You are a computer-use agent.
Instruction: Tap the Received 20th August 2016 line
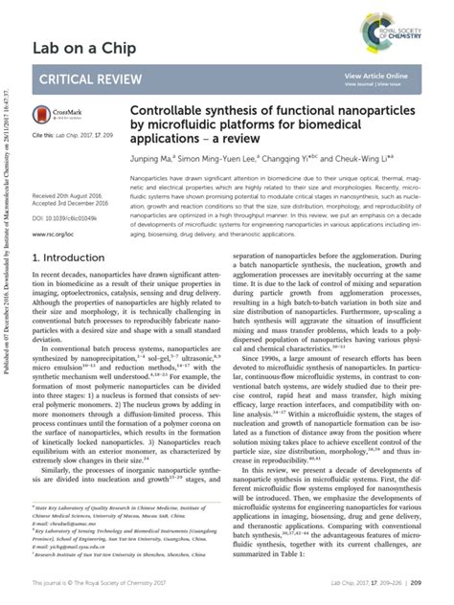[x=72, y=194]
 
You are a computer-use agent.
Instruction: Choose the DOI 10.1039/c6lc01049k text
[x=73, y=218]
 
